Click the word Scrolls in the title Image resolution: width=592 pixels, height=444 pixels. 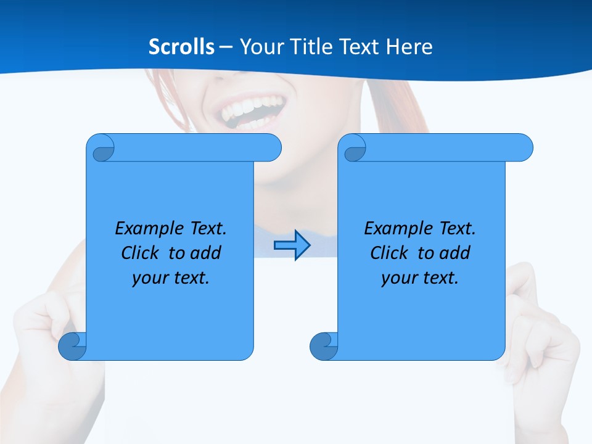[x=182, y=47]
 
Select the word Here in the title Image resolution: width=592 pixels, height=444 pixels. [x=409, y=47]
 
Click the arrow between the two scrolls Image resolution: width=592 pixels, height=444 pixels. [x=292, y=245]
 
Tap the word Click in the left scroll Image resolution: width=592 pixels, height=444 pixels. [x=135, y=253]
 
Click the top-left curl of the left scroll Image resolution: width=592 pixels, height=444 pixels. [x=101, y=148]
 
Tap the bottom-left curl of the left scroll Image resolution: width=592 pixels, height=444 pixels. [x=72, y=346]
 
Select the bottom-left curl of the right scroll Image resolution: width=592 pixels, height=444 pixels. [x=324, y=346]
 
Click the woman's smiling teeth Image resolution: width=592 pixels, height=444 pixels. [x=247, y=111]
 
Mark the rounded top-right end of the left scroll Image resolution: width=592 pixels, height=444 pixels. [x=271, y=147]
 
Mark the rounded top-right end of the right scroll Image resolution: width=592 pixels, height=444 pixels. [x=523, y=147]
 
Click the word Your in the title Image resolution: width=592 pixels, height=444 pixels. [x=259, y=47]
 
